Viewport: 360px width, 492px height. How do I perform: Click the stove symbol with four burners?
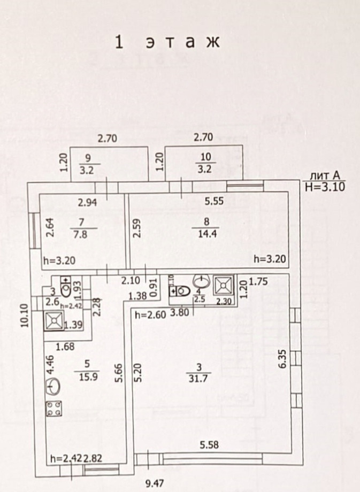click(x=53, y=409)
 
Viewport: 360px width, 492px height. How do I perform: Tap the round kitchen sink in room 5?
click(x=53, y=386)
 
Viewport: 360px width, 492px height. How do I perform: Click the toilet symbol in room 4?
click(x=181, y=290)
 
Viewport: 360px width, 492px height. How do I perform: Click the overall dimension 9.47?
click(x=154, y=484)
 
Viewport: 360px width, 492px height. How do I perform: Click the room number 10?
click(x=206, y=156)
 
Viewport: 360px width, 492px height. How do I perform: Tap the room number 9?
click(x=88, y=157)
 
